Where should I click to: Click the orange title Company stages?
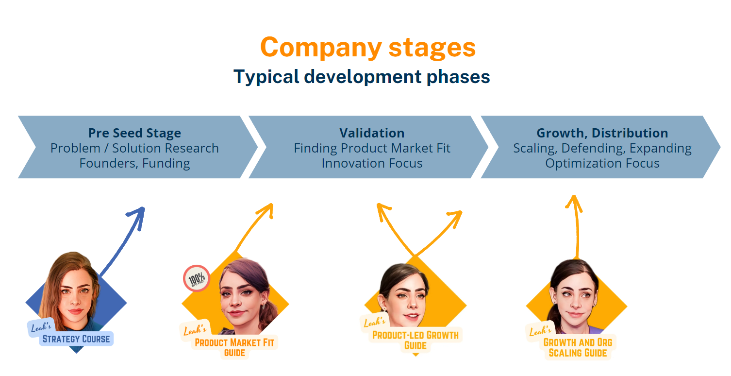coord(367,48)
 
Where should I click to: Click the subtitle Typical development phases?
coord(362,77)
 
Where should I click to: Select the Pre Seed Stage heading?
coord(134,133)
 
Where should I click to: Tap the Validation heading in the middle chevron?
coord(372,133)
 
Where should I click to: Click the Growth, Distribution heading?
coord(602,133)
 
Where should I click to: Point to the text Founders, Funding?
coord(134,163)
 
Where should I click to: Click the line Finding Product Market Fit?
coord(372,148)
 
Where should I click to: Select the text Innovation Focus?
coord(372,163)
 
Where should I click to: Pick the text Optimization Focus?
coord(602,163)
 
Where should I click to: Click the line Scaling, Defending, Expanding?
coord(602,148)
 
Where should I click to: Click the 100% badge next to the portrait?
coord(197,278)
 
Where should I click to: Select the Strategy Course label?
coord(76,339)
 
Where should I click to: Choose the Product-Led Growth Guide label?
coord(415,340)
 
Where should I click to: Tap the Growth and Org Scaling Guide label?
coord(578,347)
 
